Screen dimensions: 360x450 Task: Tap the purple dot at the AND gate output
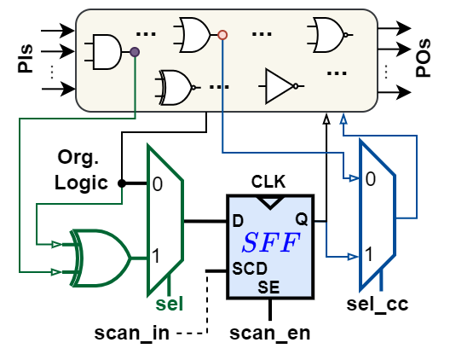[135, 52]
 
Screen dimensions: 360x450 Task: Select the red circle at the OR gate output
[222, 35]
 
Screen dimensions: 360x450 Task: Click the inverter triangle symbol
[280, 85]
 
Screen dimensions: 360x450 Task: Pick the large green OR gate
[99, 256]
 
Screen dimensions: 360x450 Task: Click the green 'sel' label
[170, 305]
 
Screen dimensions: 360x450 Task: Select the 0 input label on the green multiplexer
[158, 183]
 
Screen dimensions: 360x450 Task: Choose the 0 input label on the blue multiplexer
[370, 179]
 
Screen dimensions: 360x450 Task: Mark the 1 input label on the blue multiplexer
[370, 254]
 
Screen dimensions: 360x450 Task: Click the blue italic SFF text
[270, 243]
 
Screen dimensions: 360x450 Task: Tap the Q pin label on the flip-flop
[301, 219]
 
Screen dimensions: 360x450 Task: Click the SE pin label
[268, 287]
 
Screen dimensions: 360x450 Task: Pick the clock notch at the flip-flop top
[270, 202]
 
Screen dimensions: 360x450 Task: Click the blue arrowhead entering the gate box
[343, 118]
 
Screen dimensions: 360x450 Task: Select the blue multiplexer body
[376, 215]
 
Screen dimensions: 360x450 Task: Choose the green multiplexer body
[164, 219]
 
